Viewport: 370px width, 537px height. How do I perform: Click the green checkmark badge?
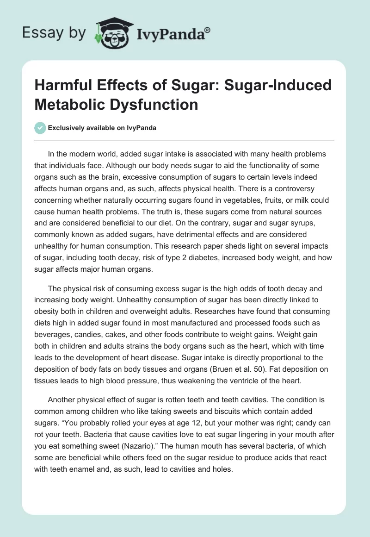click(40, 128)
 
